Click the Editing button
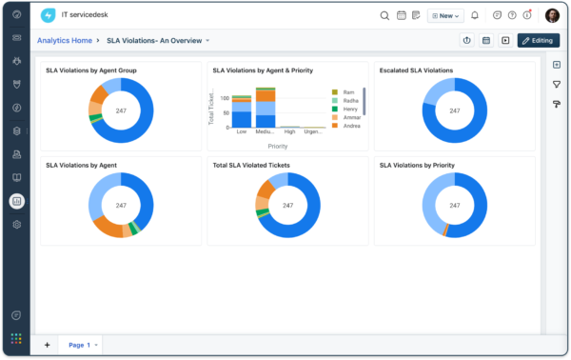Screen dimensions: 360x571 pos(538,40)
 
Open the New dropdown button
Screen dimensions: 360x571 pos(445,15)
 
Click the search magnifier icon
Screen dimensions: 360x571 pos(384,15)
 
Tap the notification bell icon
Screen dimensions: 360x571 pos(475,15)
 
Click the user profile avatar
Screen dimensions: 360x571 pos(552,15)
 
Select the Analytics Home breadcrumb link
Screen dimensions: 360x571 pos(65,41)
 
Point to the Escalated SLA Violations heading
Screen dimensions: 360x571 pos(416,70)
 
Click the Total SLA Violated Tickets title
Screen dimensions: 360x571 pos(251,165)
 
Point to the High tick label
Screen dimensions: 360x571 pos(290,132)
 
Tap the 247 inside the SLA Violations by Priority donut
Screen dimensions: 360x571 pos(454,206)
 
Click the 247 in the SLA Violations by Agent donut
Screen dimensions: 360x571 pos(121,206)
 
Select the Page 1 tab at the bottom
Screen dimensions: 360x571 pos(80,345)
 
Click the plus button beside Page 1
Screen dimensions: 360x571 pos(48,345)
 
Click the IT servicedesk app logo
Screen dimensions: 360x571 pos(49,15)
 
